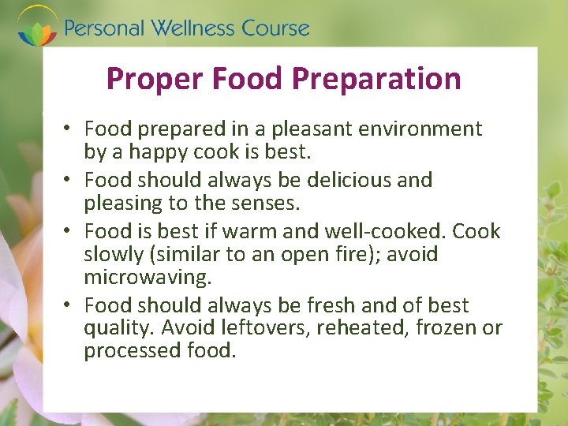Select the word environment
(418, 129)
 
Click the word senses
(266, 203)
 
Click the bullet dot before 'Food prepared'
(69, 129)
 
